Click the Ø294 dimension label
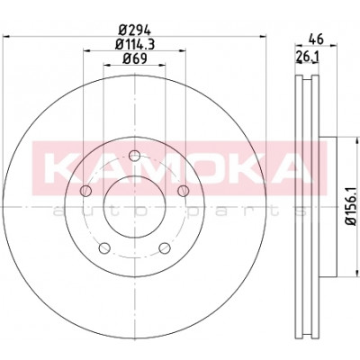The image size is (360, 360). click(x=134, y=30)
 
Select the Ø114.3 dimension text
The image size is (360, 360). click(x=135, y=44)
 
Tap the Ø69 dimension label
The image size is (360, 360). click(x=135, y=58)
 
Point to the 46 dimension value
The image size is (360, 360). click(x=316, y=39)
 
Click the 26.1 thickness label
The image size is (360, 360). click(x=307, y=56)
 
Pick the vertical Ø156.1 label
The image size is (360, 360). click(x=350, y=205)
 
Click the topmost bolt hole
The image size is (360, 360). click(x=134, y=156)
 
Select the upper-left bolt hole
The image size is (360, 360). click(x=86, y=191)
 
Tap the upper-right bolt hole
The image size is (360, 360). click(x=183, y=191)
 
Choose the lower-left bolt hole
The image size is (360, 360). click(x=104, y=247)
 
